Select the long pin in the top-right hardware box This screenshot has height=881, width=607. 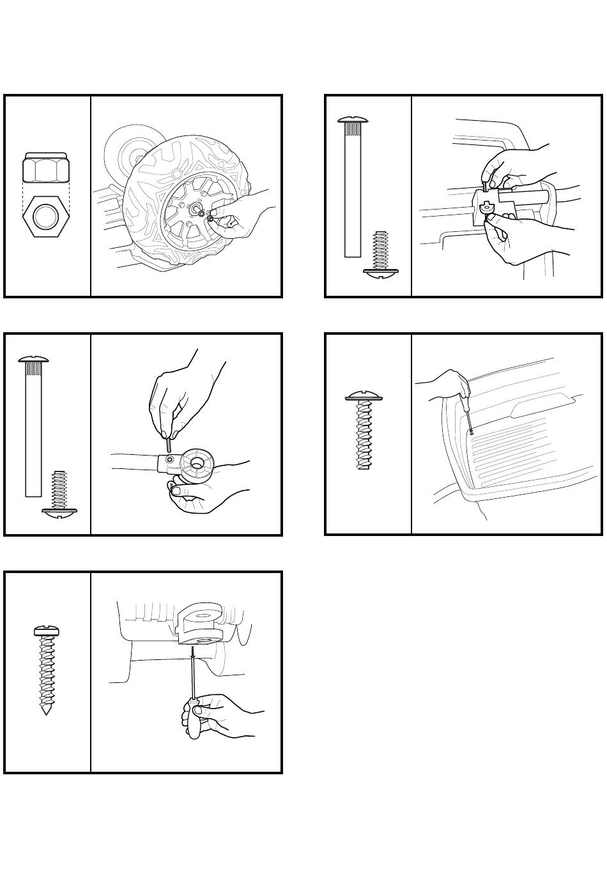[x=353, y=188]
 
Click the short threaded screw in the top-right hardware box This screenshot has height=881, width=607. [x=381, y=255]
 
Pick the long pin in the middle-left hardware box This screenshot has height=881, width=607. [x=33, y=428]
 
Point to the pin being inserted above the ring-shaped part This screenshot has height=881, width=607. [x=168, y=441]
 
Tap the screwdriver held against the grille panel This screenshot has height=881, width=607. [x=468, y=414]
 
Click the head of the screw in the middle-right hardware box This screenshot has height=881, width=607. [x=364, y=397]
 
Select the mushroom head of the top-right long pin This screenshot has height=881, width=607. [x=353, y=119]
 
